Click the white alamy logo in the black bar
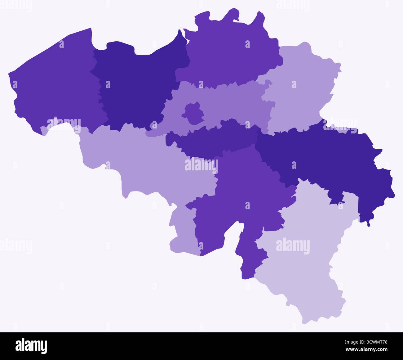click(31, 345)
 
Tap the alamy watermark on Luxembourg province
click(293, 247)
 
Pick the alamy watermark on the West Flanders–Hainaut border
click(64, 124)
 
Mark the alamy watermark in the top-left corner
click(15, 4)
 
